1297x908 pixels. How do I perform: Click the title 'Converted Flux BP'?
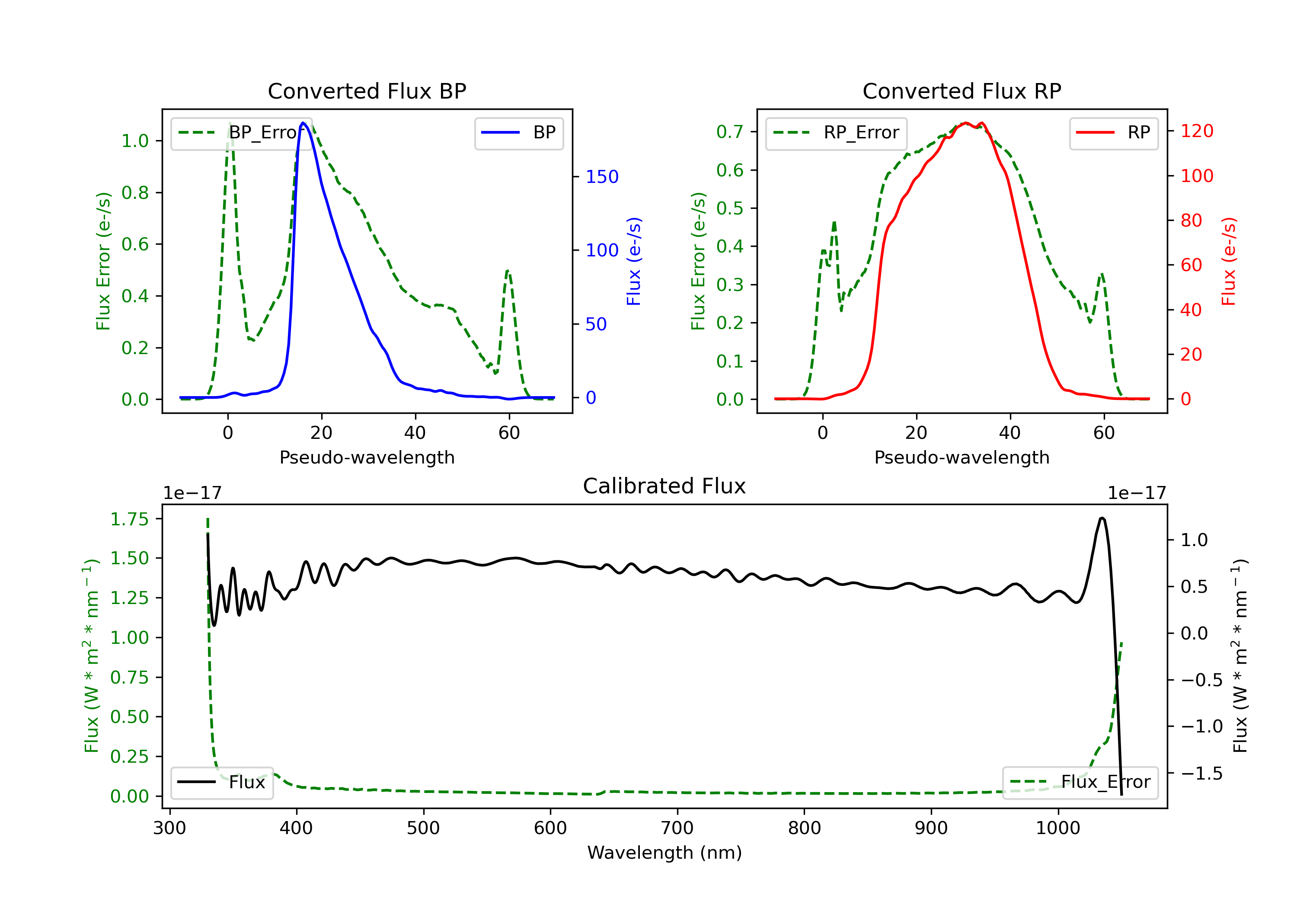(367, 91)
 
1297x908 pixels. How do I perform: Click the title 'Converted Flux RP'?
(962, 91)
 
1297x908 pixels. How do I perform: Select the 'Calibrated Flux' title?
(664, 486)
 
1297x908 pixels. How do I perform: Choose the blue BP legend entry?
(518, 133)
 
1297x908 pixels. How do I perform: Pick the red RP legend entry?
(1113, 133)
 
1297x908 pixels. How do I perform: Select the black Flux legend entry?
(221, 782)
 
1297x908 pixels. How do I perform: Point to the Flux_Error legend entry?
(1080, 782)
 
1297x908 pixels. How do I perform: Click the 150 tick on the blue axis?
(602, 177)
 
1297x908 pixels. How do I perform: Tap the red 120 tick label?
(1196, 131)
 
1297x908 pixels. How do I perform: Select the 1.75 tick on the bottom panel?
(129, 519)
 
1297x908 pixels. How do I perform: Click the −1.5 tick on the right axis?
(1201, 774)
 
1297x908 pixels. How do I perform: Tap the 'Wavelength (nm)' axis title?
(664, 853)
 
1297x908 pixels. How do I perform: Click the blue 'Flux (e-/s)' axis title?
(634, 262)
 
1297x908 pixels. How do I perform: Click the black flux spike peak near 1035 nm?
(1102, 518)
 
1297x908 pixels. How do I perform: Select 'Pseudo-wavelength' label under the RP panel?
(962, 457)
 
